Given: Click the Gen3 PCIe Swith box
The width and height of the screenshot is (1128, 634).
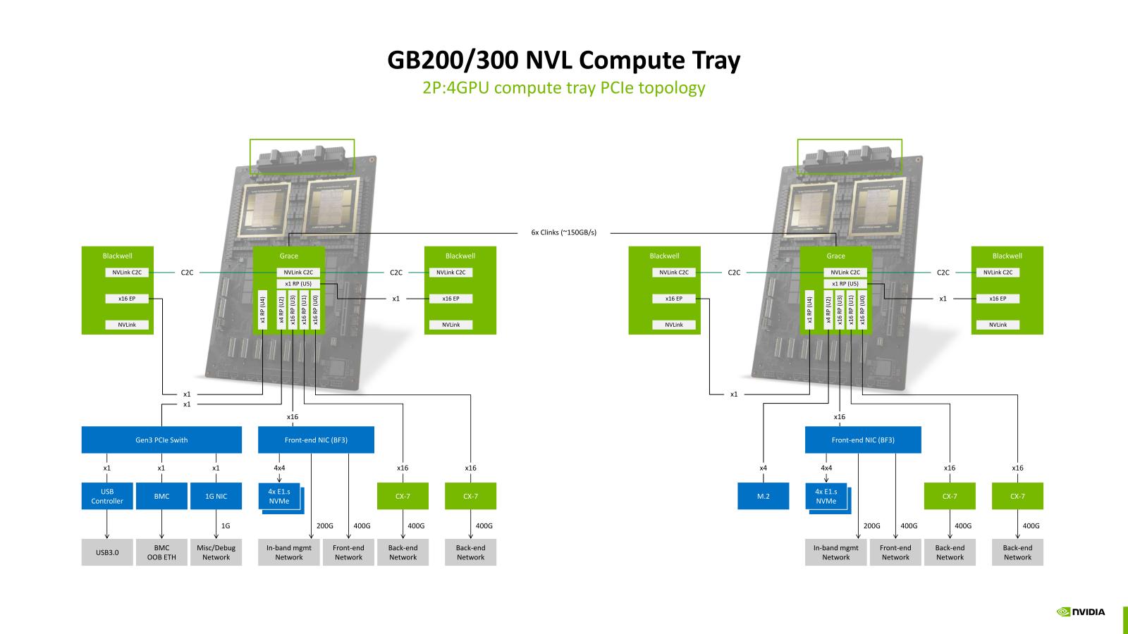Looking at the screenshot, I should [x=161, y=440].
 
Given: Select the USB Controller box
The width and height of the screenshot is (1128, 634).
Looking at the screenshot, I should [x=107, y=496].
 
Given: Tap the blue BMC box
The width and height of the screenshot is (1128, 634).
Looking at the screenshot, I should [x=161, y=496].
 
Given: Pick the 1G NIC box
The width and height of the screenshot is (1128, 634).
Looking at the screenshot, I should [x=216, y=496].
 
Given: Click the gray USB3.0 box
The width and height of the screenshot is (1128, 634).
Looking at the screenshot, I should [x=107, y=552].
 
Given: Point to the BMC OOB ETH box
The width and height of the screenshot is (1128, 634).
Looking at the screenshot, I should [x=161, y=552].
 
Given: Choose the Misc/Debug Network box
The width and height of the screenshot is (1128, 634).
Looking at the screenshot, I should [x=216, y=552].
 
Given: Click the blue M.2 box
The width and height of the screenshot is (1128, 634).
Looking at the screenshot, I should [x=764, y=496].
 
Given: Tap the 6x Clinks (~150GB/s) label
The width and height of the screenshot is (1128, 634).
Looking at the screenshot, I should [x=563, y=232].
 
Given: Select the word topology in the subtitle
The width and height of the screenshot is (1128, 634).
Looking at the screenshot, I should [x=673, y=88].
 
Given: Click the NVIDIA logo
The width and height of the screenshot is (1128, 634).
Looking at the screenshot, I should [x=1081, y=611].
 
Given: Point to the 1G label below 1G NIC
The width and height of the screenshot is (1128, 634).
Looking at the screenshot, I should [x=226, y=526].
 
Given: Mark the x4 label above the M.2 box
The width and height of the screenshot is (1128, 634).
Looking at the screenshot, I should [x=764, y=468].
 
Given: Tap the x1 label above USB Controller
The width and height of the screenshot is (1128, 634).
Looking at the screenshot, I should [x=107, y=468].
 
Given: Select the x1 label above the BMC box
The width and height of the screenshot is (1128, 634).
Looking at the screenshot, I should [x=161, y=468].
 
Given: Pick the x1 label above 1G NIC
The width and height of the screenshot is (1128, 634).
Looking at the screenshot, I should [x=216, y=468].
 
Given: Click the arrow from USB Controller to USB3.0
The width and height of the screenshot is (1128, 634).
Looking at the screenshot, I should [x=107, y=524].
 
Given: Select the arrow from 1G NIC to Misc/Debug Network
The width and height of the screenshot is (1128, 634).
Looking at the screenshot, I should [x=216, y=524].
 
